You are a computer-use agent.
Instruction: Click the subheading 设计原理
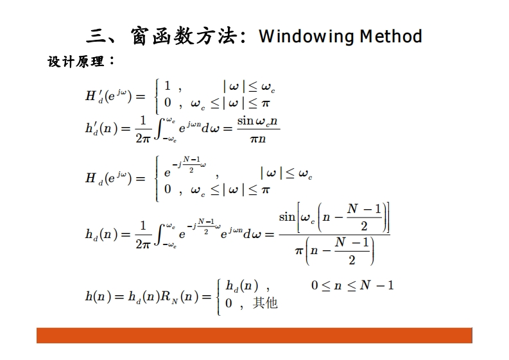tap(76, 62)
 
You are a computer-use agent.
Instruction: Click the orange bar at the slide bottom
tap(254, 335)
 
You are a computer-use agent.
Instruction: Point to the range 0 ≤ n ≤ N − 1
tap(352, 285)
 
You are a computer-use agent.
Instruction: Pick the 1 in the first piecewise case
tap(168, 86)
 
